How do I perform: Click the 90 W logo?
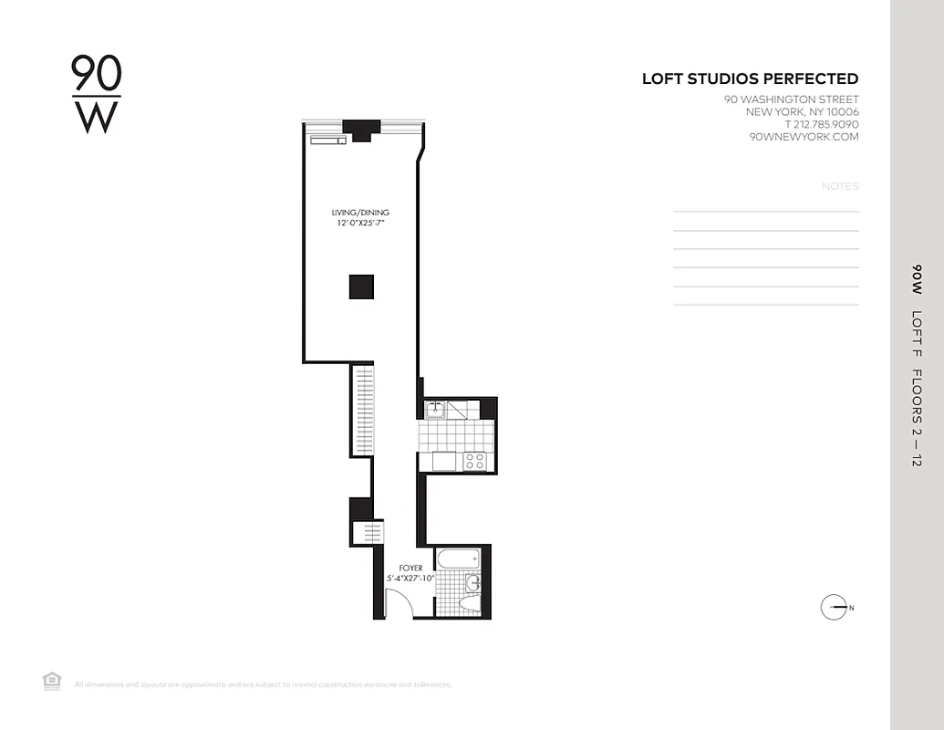click(96, 95)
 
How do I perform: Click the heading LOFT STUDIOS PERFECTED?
click(750, 79)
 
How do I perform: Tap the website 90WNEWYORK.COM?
click(804, 137)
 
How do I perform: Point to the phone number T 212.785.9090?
click(821, 124)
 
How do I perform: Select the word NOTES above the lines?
click(840, 186)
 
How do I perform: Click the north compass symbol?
click(835, 608)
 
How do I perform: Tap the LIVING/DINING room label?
click(360, 213)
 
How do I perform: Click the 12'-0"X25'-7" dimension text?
click(360, 224)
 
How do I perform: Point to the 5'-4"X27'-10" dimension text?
click(410, 579)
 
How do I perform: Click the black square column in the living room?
click(361, 287)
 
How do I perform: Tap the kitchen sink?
click(436, 408)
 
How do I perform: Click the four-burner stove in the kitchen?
click(474, 461)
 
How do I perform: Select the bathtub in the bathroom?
click(458, 558)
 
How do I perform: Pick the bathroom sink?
click(472, 583)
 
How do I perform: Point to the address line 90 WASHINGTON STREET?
click(791, 99)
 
